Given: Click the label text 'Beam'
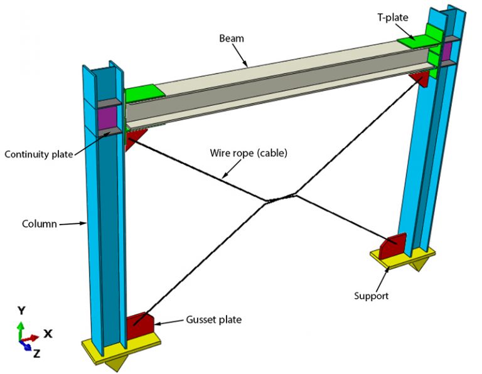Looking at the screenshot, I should click(232, 39).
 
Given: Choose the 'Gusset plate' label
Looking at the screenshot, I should click(213, 319).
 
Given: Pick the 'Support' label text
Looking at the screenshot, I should click(372, 295).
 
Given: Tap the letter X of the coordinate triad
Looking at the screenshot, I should click(47, 333).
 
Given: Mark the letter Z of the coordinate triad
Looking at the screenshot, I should click(36, 353).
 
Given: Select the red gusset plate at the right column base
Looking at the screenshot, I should click(394, 245).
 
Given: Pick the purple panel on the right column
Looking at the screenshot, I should click(447, 51).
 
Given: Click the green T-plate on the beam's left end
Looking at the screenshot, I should click(145, 95).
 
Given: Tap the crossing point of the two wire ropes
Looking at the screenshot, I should click(279, 199).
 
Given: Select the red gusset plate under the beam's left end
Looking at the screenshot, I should click(132, 139).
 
